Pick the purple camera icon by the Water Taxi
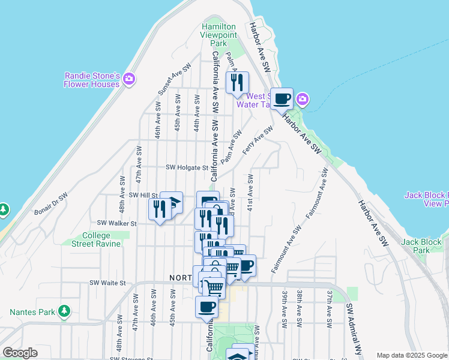pos(303,99)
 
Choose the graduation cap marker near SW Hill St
pos(172,202)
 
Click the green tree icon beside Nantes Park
pos(63,312)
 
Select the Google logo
pos(20,353)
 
